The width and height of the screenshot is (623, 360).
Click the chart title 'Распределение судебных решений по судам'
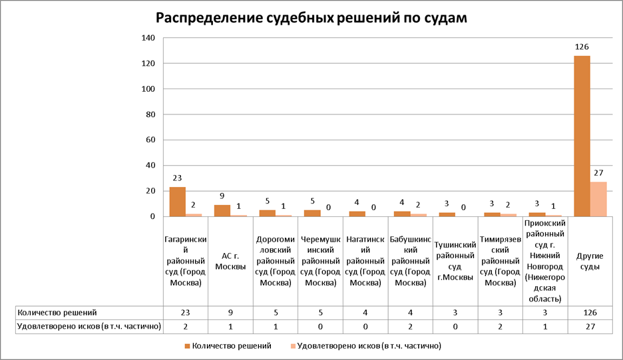[x=311, y=18]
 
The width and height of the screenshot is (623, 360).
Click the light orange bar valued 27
[x=598, y=199]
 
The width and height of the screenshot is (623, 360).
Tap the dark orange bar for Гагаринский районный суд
[x=177, y=202]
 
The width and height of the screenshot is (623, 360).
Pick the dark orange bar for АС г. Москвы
[x=222, y=210]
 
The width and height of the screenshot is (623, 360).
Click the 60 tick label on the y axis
[x=150, y=140]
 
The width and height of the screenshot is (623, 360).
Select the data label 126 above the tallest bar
[x=582, y=47]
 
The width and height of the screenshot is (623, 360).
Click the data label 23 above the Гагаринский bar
[x=177, y=178]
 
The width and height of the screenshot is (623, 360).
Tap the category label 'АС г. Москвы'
[x=230, y=260]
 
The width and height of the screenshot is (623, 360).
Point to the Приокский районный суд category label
[x=544, y=261]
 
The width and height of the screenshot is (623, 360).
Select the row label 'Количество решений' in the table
[x=57, y=312]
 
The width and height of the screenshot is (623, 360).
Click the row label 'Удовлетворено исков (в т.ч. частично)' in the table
[x=89, y=326]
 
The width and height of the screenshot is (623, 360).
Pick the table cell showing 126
[x=589, y=312]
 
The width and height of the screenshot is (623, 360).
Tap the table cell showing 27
[x=589, y=326]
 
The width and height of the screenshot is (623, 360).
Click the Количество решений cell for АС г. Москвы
[x=230, y=312]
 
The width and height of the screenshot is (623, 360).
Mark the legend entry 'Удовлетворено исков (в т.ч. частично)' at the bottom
[x=370, y=346]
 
